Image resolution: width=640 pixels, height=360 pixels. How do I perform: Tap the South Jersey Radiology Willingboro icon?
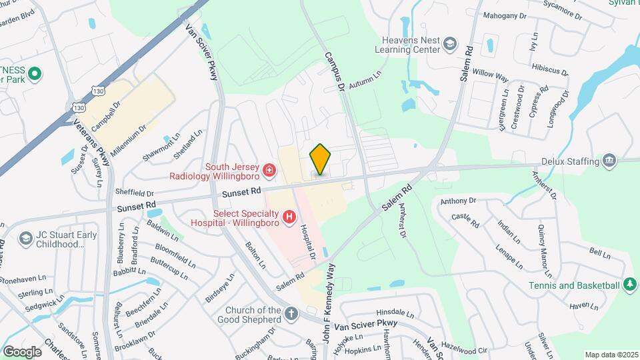click(269, 172)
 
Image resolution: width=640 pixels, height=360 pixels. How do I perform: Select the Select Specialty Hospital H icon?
click(289, 217)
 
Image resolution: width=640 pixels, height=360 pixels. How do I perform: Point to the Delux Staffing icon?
click(609, 161)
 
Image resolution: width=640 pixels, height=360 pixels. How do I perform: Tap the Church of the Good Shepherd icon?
click(291, 313)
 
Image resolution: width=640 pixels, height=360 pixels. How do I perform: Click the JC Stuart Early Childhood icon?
click(25, 239)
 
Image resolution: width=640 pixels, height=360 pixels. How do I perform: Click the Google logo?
click(22, 351)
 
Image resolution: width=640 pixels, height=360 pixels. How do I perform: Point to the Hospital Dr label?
click(307, 241)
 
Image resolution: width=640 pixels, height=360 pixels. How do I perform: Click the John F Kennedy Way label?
click(329, 300)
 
